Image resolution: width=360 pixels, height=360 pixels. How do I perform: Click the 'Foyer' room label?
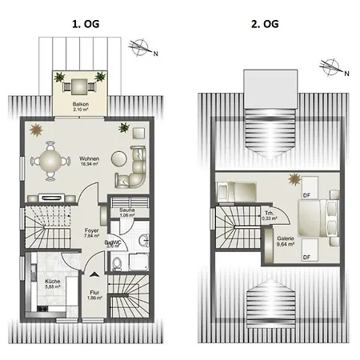(x=91, y=232)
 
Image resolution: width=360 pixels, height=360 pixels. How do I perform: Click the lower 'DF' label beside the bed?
(x=306, y=256)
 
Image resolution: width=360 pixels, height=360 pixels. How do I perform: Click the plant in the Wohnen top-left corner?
(x=36, y=129)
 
